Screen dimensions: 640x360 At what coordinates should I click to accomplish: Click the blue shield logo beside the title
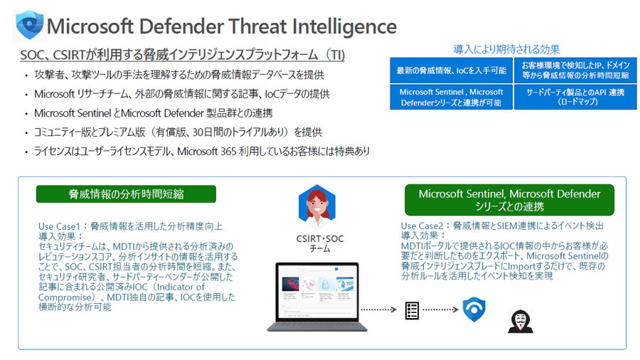29,26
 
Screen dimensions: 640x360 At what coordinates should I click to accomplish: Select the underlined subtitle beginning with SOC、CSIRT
183,55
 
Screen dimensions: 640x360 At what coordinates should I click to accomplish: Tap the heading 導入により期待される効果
506,49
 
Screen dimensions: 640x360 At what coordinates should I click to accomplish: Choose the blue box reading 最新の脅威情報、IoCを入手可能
451,70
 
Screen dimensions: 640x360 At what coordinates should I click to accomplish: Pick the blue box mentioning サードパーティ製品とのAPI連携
575,97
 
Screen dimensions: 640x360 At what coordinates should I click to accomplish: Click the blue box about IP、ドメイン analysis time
575,70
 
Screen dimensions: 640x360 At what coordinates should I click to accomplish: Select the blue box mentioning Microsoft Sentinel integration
451,97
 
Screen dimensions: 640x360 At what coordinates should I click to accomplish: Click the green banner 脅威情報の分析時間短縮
126,194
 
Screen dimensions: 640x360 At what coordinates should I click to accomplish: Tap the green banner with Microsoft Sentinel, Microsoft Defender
509,200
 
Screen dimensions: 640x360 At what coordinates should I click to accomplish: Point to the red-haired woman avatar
316,206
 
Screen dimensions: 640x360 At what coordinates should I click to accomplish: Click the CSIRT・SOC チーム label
320,243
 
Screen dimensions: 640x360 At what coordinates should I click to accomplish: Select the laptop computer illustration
317,297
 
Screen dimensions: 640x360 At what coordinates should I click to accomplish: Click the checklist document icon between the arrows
412,311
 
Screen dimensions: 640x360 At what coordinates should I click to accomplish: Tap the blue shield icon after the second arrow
474,309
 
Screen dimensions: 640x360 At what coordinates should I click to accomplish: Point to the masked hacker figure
521,321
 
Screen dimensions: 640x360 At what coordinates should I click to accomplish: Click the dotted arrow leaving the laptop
378,309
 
